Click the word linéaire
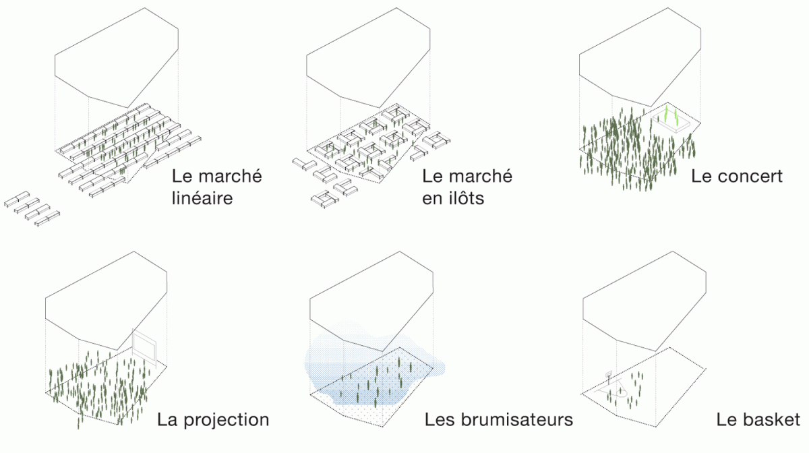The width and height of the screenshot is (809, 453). tap(202, 198)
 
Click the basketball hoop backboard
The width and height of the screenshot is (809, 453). tap(609, 374)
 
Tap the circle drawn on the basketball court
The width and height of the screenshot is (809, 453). tap(621, 390)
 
